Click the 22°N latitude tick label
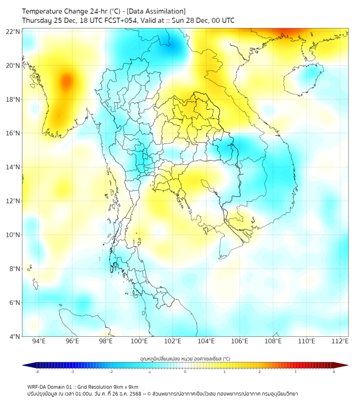[x=13, y=32]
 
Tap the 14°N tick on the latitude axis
[x=13, y=167]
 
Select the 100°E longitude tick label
[x=139, y=341]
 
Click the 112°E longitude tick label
[x=340, y=341]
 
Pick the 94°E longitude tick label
[x=39, y=341]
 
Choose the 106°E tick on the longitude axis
[x=240, y=341]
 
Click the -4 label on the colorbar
[x=37, y=372]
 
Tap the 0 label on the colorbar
[x=185, y=372]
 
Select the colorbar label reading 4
[x=334, y=372]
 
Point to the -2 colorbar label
[x=111, y=372]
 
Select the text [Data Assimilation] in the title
[x=156, y=11]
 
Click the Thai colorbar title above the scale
[x=185, y=358]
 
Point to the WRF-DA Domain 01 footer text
[x=51, y=386]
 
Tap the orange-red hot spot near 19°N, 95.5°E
[x=66, y=82]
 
